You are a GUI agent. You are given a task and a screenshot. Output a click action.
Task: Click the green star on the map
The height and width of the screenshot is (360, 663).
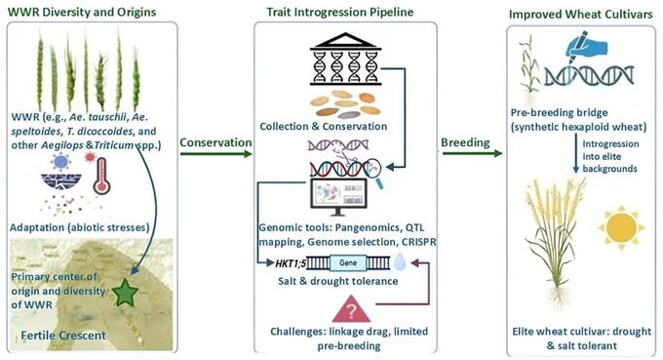(x=126, y=293)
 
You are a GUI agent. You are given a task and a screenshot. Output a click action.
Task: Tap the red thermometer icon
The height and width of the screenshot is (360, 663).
(x=101, y=177)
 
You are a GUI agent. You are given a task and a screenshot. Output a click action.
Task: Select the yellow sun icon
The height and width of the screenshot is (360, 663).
(x=621, y=227)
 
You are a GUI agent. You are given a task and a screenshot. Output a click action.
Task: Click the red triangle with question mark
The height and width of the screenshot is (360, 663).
(x=351, y=309)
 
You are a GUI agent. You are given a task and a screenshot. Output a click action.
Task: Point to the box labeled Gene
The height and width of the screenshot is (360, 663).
(x=347, y=262)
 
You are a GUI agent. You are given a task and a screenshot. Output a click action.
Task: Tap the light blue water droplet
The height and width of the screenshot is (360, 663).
(x=400, y=261)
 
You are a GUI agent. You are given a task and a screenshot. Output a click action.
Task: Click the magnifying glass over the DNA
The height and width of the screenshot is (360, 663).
(x=374, y=172)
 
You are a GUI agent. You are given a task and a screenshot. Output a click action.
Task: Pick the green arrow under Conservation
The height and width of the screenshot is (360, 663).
(x=216, y=153)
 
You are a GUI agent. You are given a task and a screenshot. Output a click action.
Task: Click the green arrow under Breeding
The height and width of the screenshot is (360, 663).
(x=472, y=153)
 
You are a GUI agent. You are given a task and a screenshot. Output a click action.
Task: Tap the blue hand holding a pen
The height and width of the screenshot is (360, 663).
(x=586, y=46)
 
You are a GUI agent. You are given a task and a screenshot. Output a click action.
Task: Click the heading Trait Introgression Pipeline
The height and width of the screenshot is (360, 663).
(x=340, y=12)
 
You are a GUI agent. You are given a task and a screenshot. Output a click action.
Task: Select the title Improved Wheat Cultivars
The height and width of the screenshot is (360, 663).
(x=580, y=14)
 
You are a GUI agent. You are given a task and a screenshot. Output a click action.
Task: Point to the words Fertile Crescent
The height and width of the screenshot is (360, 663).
(x=63, y=336)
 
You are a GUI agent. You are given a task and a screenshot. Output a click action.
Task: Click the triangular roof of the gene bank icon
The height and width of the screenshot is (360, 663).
(x=346, y=41)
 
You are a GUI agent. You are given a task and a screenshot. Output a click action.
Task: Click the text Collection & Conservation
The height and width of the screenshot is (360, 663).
(x=324, y=126)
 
